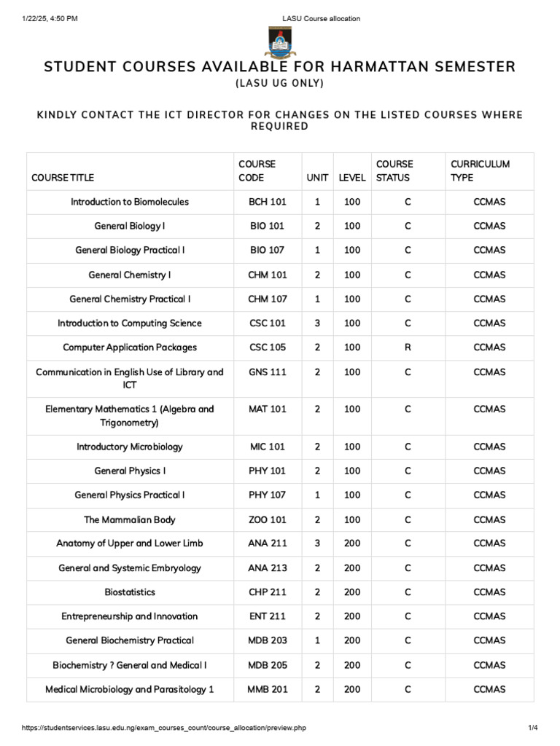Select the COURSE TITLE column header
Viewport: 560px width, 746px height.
pyautogui.click(x=63, y=178)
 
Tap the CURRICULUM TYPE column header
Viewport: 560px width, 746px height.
pyautogui.click(x=480, y=171)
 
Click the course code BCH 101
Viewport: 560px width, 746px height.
pyautogui.click(x=267, y=202)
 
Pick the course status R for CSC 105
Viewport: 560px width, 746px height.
pyautogui.click(x=408, y=348)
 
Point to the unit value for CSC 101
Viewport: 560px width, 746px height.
pyautogui.click(x=317, y=323)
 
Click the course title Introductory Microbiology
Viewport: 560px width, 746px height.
pyautogui.click(x=130, y=447)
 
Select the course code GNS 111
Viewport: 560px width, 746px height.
pyautogui.click(x=267, y=372)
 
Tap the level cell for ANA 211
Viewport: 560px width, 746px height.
pyautogui.click(x=352, y=543)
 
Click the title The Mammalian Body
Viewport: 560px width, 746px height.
pyautogui.click(x=130, y=519)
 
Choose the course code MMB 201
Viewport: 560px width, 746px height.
pyautogui.click(x=267, y=689)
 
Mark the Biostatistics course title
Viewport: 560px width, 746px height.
pyautogui.click(x=130, y=592)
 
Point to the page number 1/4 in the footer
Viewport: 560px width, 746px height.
pyautogui.click(x=532, y=728)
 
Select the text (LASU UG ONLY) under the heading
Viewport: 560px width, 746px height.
pyautogui.click(x=279, y=84)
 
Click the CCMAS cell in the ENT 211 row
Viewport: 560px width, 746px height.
pyautogui.click(x=489, y=616)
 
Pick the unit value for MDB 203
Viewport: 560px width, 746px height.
pyautogui.click(x=317, y=640)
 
